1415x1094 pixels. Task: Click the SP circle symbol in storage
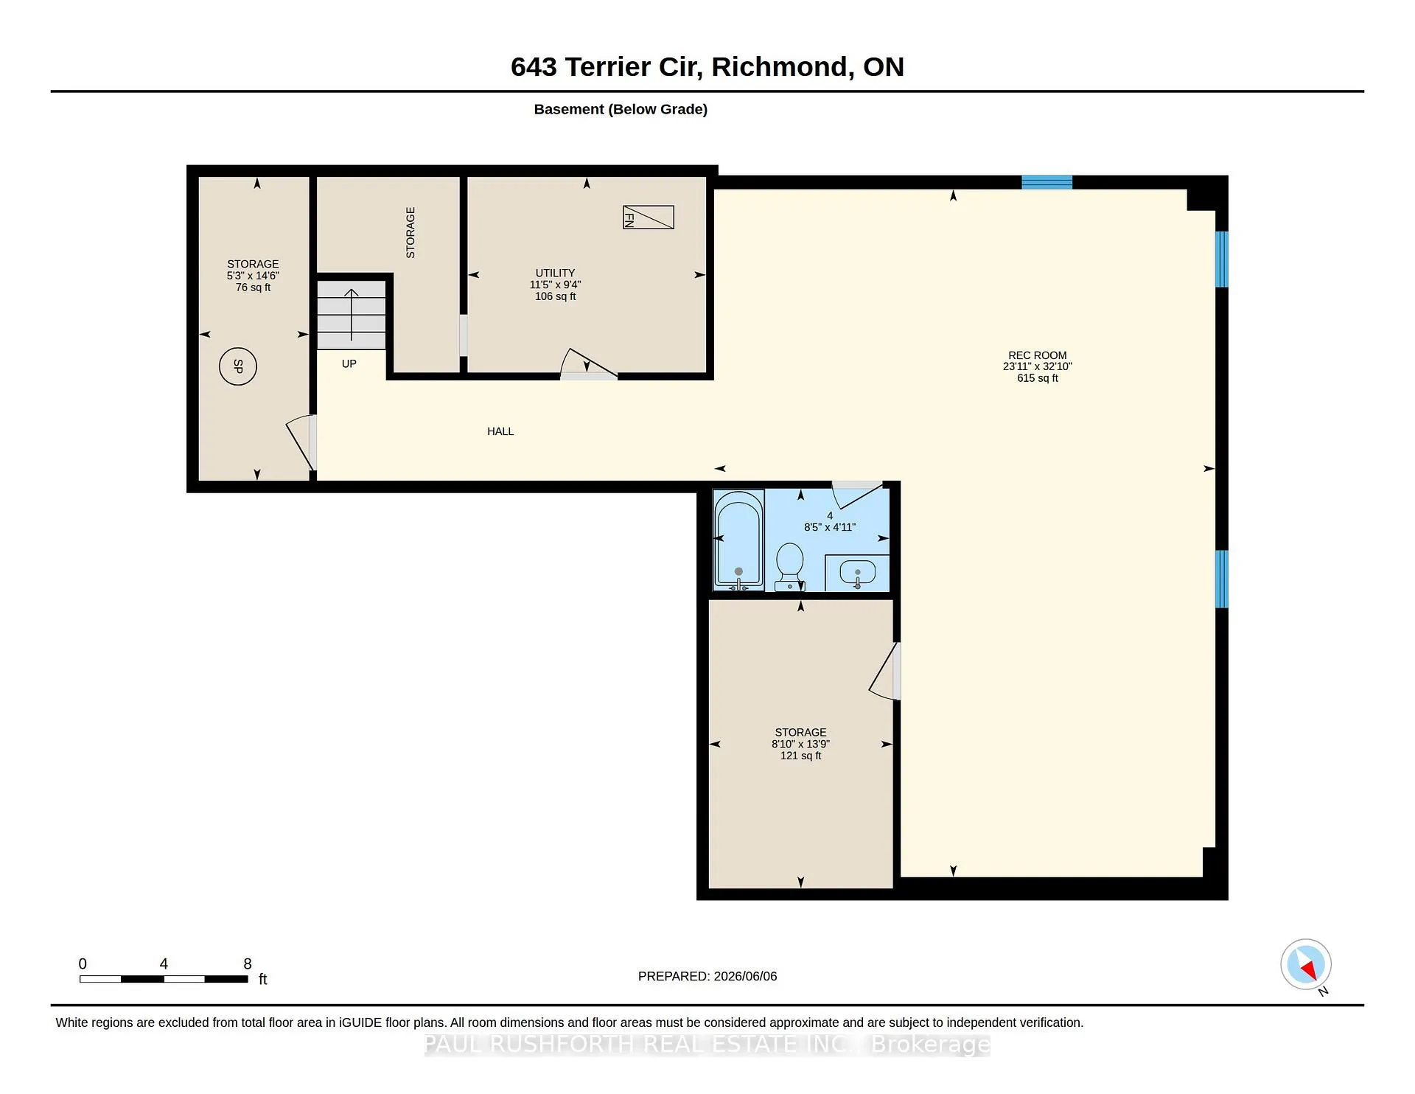(x=238, y=366)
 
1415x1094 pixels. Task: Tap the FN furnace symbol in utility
(x=649, y=217)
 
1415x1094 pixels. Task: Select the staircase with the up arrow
(x=352, y=315)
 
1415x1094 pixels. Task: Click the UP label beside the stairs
(x=349, y=363)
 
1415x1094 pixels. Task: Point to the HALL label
(x=500, y=431)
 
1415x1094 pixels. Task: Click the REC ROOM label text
(x=1038, y=355)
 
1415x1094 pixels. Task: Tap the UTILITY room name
(x=556, y=273)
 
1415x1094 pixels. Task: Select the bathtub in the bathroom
(x=739, y=540)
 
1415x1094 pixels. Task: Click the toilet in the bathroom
(x=790, y=567)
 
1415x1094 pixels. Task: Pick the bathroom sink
(x=858, y=572)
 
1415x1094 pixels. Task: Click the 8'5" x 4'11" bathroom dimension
(x=830, y=527)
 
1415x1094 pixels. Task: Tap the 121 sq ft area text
(x=801, y=756)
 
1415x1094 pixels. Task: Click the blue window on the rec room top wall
(x=1047, y=182)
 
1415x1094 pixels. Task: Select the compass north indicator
(x=1306, y=964)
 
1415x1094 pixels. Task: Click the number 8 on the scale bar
(x=248, y=964)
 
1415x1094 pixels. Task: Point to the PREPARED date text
(x=707, y=976)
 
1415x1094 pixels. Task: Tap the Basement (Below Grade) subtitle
(x=621, y=109)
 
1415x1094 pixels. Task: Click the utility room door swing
(x=589, y=363)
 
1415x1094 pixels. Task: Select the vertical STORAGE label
(x=410, y=232)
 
